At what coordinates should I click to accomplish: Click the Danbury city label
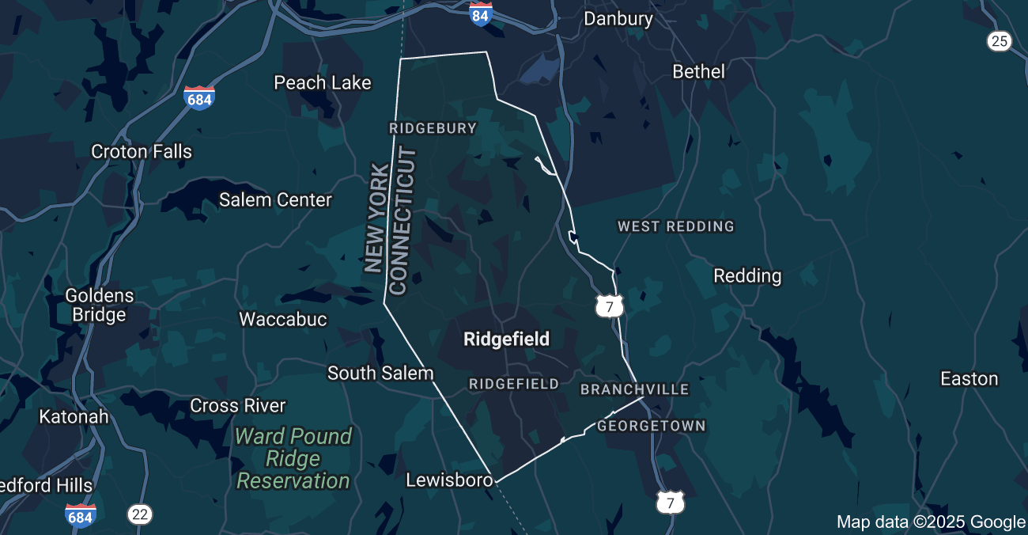(x=618, y=18)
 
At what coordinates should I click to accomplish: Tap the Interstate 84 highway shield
(x=480, y=13)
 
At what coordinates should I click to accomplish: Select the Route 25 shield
(x=1000, y=40)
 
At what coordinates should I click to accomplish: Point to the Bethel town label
(x=698, y=71)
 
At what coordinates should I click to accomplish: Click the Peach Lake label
(x=322, y=82)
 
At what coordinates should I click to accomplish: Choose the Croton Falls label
(x=142, y=151)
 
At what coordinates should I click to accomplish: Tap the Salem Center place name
(x=275, y=199)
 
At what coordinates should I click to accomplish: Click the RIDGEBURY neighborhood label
(x=433, y=128)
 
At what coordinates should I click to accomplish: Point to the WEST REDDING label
(x=676, y=226)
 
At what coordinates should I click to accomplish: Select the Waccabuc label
(x=282, y=319)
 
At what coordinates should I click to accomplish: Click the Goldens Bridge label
(x=100, y=305)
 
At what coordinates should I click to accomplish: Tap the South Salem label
(x=380, y=373)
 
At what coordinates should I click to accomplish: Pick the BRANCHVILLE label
(x=635, y=389)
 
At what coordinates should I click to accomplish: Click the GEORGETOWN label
(x=651, y=426)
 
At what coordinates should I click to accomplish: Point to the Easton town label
(x=969, y=379)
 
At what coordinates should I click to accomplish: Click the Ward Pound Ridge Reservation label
(x=293, y=458)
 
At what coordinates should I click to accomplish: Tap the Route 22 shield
(x=140, y=514)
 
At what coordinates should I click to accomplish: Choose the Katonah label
(x=74, y=416)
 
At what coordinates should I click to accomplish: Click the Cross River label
(x=237, y=405)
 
